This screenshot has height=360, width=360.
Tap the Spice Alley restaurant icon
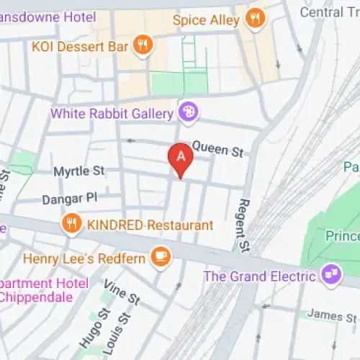click(254, 19)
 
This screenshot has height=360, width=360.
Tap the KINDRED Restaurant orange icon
click(71, 224)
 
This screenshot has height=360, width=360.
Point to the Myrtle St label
click(80, 171)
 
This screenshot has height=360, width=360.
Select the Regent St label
click(242, 226)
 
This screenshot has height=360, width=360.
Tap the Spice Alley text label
click(206, 20)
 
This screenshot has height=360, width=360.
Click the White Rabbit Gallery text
click(112, 113)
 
